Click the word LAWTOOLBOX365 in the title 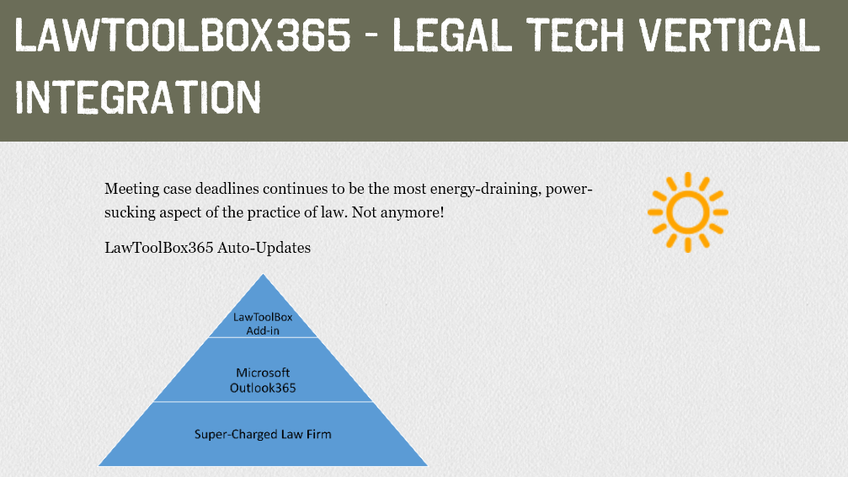183,35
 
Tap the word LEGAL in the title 451,35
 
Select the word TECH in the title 575,35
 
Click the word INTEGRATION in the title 138,97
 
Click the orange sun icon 688,212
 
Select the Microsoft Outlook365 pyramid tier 263,370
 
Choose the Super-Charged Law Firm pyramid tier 263,434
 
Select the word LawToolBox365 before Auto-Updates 158,248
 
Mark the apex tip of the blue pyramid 264,275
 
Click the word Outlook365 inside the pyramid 263,388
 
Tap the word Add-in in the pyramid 263,330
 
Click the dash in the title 371,38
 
